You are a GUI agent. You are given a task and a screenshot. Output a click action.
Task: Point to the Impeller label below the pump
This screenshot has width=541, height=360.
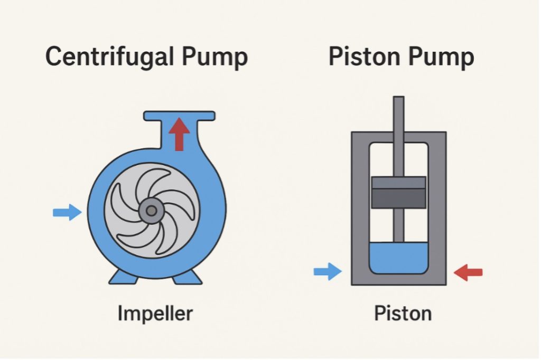point(155,314)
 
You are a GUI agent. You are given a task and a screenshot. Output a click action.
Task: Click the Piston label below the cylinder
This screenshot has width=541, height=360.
point(403,314)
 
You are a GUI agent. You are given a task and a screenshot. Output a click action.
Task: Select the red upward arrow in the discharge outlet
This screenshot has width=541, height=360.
point(180,134)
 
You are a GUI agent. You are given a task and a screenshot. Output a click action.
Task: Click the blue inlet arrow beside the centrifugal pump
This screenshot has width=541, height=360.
point(67,213)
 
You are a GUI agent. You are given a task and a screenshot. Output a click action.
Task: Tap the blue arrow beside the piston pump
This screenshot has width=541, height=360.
point(328,272)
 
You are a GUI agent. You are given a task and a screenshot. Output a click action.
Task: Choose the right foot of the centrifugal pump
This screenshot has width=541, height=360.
point(187,276)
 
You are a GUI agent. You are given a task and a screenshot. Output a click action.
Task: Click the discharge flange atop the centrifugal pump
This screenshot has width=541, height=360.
point(180,116)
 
